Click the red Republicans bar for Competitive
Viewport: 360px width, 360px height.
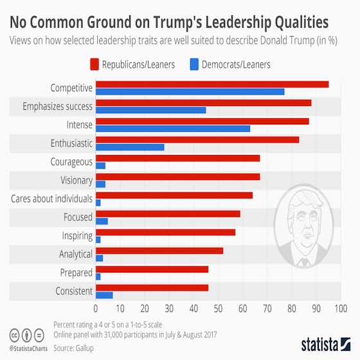pos(212,84)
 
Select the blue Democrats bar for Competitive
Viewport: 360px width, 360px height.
pos(190,92)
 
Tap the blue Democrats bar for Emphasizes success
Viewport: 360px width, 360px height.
pos(150,110)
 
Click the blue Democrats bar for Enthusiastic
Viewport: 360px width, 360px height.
pos(130,147)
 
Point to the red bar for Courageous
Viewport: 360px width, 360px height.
pos(177,158)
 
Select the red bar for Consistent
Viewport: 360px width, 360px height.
pos(152,287)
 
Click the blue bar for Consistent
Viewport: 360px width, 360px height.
pos(104,295)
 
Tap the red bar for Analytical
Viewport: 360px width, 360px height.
pos(159,251)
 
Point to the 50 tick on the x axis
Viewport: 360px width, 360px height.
pos(218,308)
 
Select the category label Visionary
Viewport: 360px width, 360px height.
pos(76,181)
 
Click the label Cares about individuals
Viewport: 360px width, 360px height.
pos(52,199)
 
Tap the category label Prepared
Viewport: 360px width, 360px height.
pos(76,273)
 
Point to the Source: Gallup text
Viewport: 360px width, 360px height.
pos(73,348)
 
